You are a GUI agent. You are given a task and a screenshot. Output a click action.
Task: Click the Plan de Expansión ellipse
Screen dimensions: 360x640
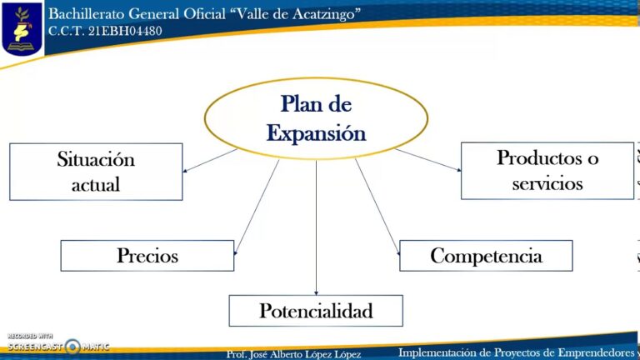tap(316, 117)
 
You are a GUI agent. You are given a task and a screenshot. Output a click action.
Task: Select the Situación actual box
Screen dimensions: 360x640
tap(96, 172)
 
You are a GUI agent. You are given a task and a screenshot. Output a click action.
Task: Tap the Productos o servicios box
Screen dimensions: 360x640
tap(547, 170)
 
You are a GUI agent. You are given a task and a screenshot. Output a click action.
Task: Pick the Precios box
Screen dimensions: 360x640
tap(147, 256)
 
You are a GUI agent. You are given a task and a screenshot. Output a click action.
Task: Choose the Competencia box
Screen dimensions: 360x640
tap(486, 256)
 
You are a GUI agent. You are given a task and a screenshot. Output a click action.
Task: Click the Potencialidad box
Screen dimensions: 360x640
tap(316, 311)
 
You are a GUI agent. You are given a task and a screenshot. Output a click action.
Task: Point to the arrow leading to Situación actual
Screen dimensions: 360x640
tap(210, 161)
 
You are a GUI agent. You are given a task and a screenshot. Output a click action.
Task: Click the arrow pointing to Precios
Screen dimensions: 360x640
tap(257, 207)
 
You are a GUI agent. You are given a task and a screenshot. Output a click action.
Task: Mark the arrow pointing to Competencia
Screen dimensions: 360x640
tap(377, 207)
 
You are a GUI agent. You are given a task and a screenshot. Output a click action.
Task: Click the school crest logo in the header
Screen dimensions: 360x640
tap(22, 27)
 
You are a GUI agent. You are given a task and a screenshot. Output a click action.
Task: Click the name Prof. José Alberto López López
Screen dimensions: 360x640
tap(293, 354)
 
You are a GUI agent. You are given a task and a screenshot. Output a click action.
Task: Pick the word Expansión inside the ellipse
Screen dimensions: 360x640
tap(316, 133)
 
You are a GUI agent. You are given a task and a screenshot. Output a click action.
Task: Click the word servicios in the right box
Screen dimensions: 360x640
tap(547, 183)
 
